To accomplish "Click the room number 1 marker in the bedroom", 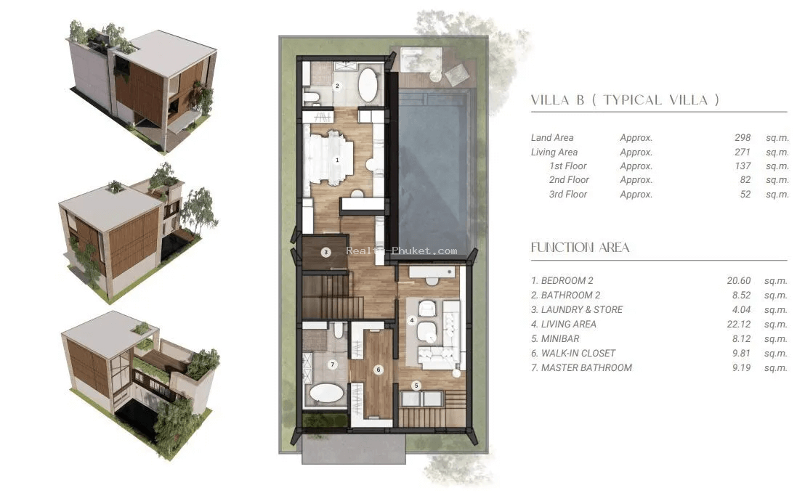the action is coord(337,160).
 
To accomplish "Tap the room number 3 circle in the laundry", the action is coord(325,252).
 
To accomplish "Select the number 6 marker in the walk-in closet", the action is coord(379,370).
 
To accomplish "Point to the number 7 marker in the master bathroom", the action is coord(333,364).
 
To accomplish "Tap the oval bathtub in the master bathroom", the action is coord(326,394).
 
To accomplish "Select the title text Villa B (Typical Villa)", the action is coord(625,100).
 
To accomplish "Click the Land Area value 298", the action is coord(743,137).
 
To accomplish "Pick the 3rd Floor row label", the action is coord(568,194).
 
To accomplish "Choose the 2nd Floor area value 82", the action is coord(745,179).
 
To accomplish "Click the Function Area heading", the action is coord(580,248).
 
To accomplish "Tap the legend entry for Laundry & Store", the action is coord(577,309).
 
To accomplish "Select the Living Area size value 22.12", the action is coord(739,324).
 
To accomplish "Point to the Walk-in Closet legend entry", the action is coord(573,353).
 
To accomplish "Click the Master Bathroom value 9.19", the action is coord(741,367).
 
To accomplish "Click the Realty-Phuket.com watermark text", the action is coord(402,251).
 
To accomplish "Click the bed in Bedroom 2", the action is coord(328,157).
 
